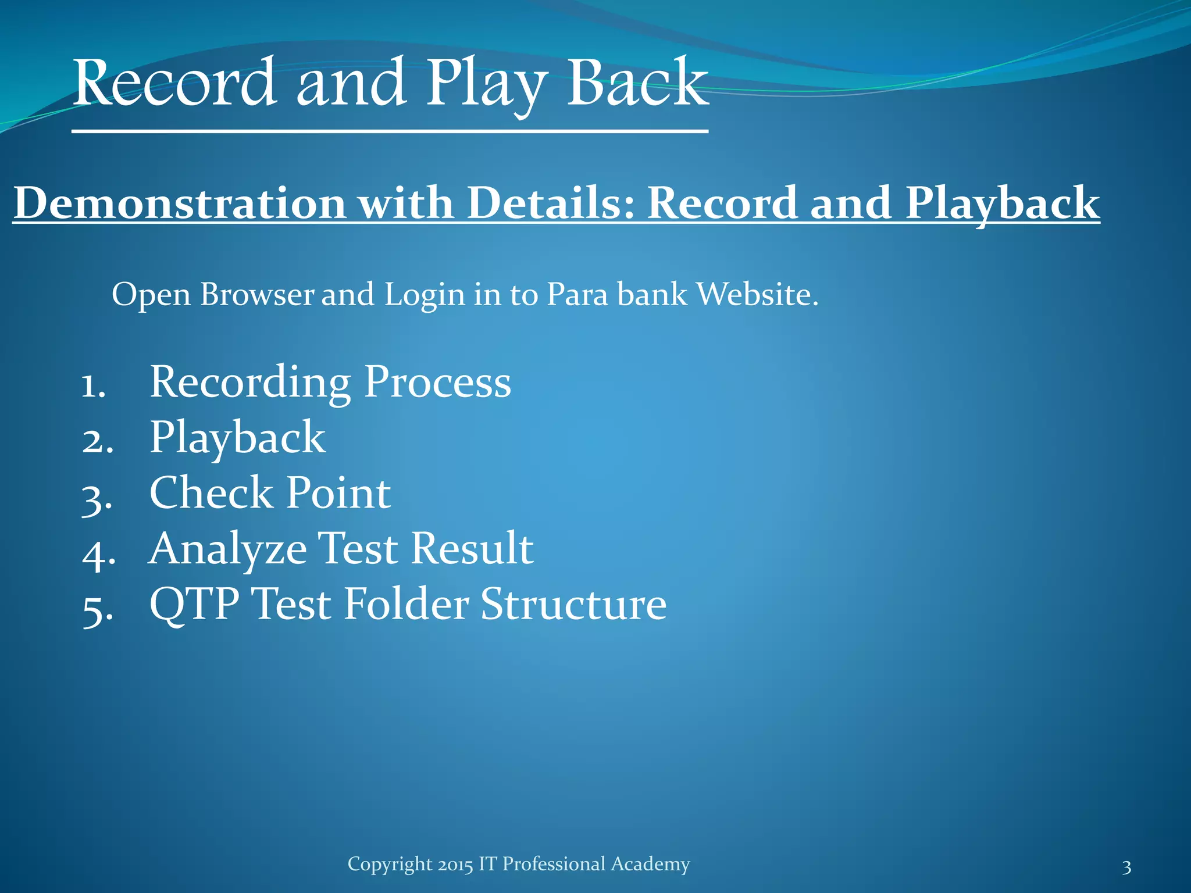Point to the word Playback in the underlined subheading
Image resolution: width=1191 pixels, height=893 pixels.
tap(1002, 203)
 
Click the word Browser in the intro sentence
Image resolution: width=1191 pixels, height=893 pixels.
tap(257, 294)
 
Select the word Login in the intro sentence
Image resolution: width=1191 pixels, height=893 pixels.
tap(425, 294)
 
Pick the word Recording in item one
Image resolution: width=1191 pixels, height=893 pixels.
tap(250, 382)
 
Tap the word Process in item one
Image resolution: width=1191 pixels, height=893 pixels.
tap(437, 382)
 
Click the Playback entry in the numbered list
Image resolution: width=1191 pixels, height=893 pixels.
tap(237, 438)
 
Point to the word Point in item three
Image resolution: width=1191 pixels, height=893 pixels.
tap(338, 493)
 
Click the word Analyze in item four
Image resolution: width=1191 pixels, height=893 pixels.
tap(227, 549)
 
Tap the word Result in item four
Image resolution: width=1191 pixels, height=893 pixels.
tap(472, 549)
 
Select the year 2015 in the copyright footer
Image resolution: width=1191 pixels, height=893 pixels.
tap(455, 865)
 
